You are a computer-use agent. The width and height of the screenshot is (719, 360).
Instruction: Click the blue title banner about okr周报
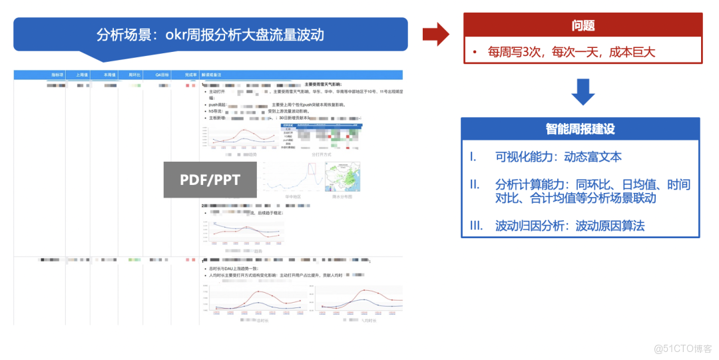(210, 35)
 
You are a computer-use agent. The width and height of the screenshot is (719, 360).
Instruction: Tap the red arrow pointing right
(435, 34)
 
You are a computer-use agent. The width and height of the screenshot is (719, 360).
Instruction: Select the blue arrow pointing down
(583, 92)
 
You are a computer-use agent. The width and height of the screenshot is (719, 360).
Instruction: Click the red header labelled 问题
(583, 25)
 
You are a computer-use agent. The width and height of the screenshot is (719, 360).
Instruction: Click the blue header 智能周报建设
(580, 129)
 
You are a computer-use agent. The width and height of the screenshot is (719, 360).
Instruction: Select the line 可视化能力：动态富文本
(558, 157)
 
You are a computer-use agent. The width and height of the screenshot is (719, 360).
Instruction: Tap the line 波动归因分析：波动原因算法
(570, 226)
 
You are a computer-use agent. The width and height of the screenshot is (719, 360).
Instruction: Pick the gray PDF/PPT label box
(210, 179)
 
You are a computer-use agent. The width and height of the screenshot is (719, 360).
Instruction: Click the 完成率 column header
(189, 75)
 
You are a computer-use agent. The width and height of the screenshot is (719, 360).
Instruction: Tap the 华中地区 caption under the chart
(293, 197)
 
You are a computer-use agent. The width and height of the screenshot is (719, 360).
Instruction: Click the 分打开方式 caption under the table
(321, 154)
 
